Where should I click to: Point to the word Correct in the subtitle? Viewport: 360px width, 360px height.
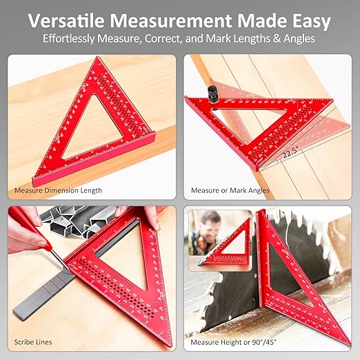194,39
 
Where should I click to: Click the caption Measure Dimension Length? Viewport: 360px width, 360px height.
59,190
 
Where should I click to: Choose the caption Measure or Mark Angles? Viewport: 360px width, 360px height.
230,190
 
